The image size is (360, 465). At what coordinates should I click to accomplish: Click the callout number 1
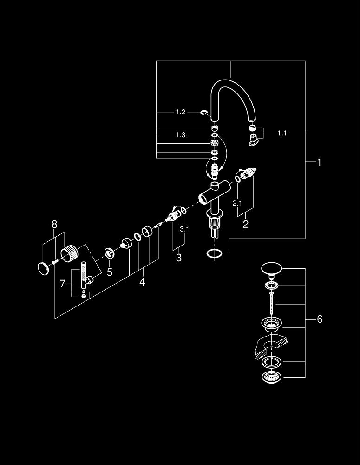[x=319, y=162]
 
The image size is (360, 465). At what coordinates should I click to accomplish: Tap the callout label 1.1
[x=282, y=133]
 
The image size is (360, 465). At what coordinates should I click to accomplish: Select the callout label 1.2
[x=181, y=112]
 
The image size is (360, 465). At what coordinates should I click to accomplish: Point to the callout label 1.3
[x=181, y=135]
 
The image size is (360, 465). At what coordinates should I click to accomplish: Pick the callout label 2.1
[x=237, y=203]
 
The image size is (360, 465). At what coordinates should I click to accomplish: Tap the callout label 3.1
[x=184, y=229]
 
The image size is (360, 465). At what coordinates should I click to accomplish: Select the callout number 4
[x=142, y=282]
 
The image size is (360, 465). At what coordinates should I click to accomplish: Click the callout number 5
[x=110, y=272]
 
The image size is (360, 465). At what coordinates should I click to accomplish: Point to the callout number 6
[x=320, y=319]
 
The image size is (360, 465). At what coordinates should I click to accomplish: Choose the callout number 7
[x=63, y=283]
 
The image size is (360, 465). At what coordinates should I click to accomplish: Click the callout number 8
[x=54, y=225]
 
